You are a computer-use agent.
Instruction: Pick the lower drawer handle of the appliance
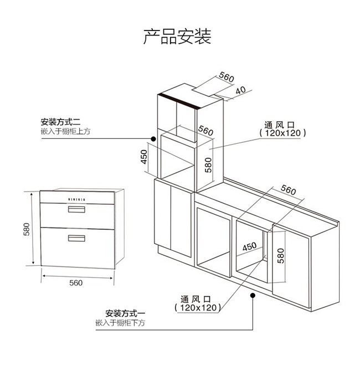tap(76, 239)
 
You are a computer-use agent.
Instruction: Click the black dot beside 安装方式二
tap(153, 137)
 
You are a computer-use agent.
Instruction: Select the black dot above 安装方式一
tap(253, 295)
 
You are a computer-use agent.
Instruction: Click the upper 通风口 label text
tap(282, 125)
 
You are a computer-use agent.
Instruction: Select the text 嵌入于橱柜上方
tap(65, 131)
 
